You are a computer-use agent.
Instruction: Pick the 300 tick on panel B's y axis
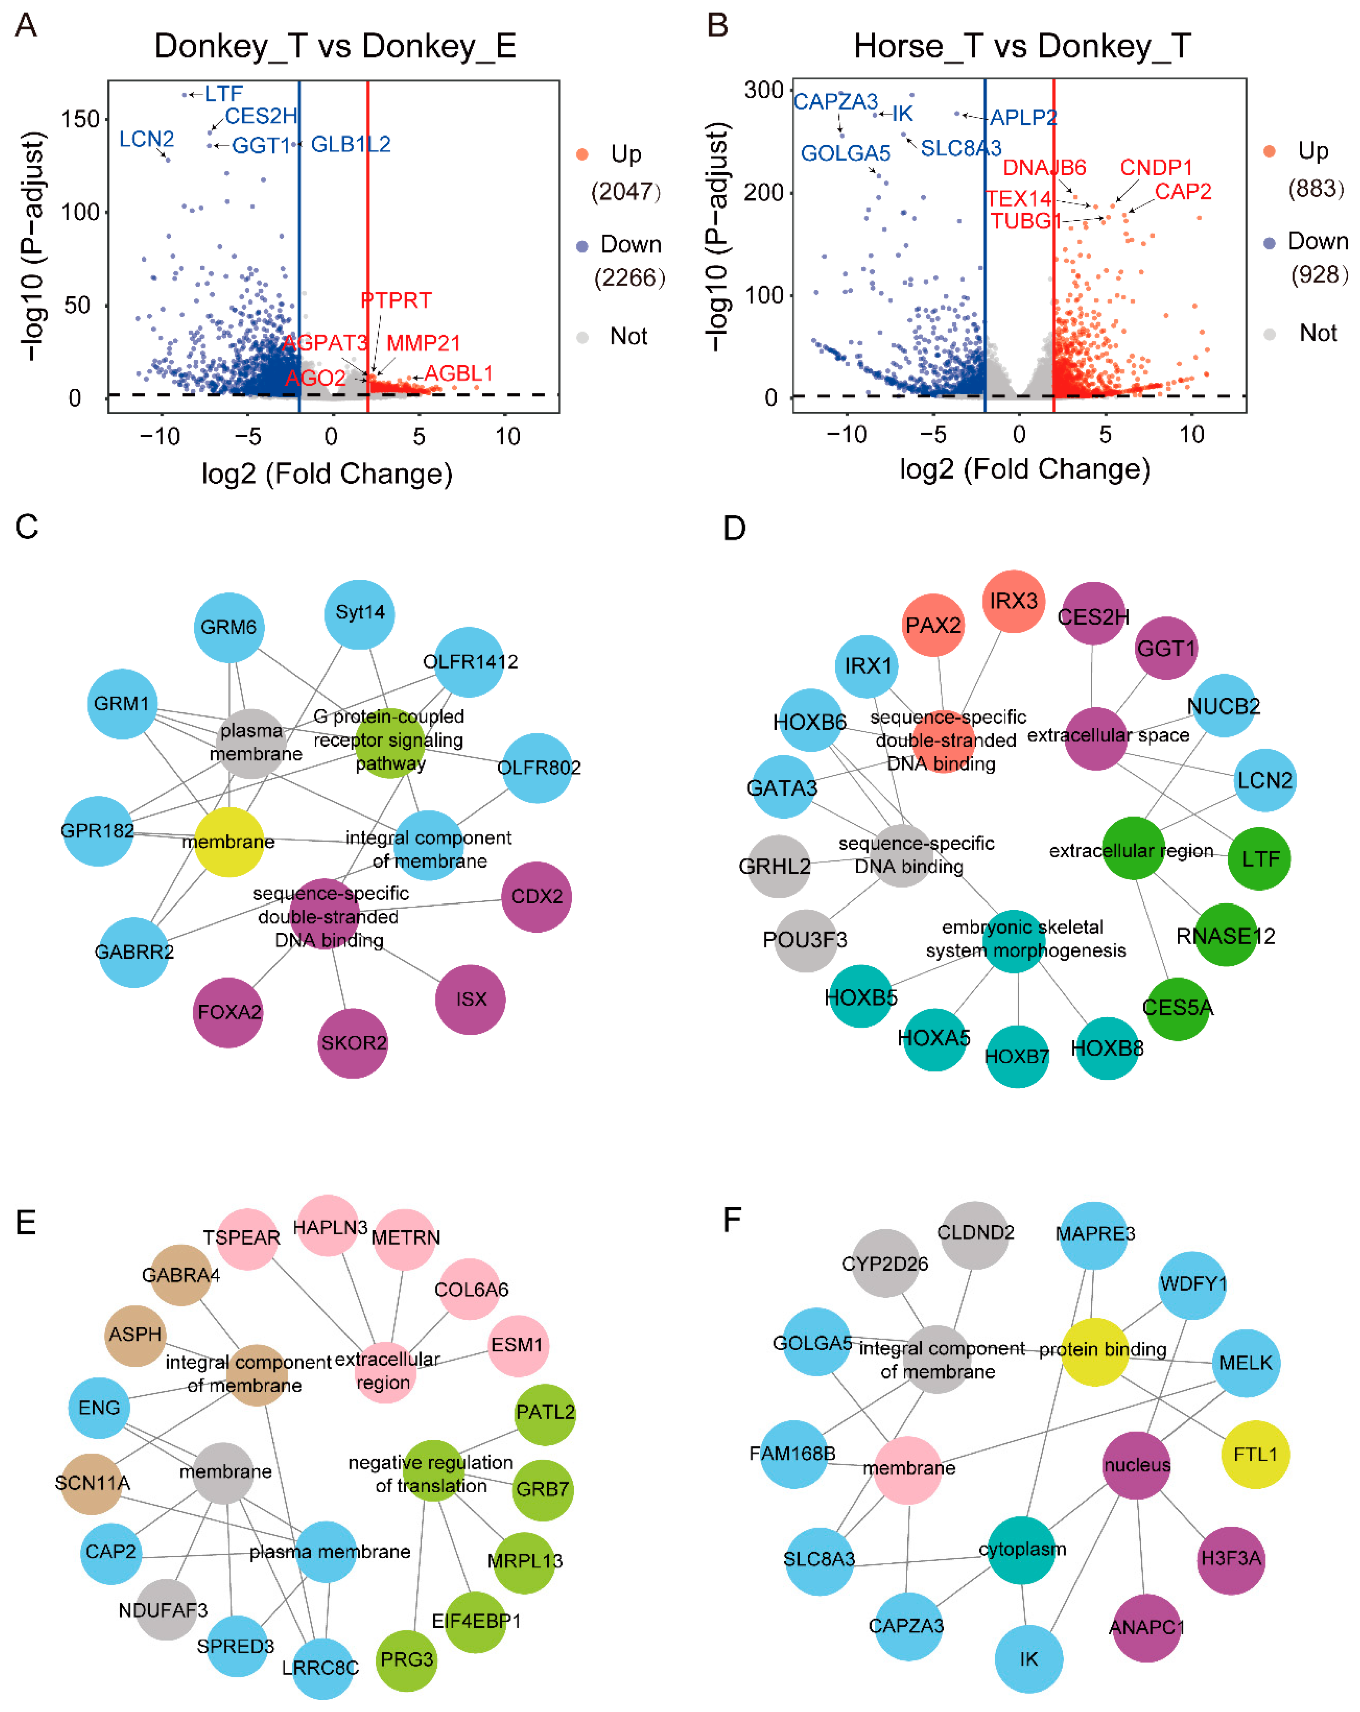(x=763, y=90)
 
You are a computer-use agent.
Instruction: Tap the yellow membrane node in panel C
(x=229, y=842)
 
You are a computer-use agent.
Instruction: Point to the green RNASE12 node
(x=1226, y=935)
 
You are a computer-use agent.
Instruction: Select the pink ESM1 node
(x=517, y=1345)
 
